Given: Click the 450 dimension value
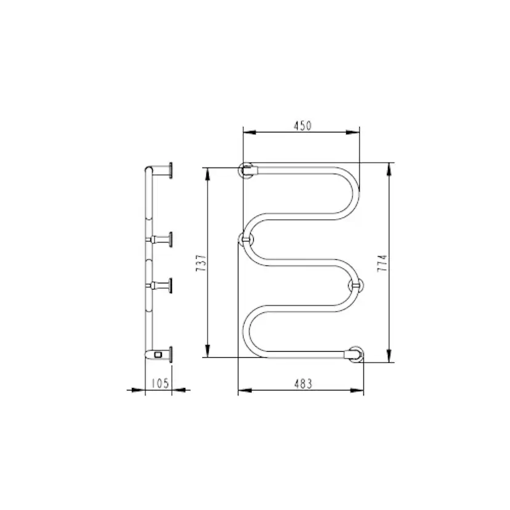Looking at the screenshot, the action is [x=302, y=126].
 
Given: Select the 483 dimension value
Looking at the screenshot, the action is [x=303, y=384].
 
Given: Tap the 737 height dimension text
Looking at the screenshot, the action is [x=201, y=263].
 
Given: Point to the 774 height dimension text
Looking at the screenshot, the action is [x=382, y=263].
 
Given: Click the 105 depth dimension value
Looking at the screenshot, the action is [x=160, y=383].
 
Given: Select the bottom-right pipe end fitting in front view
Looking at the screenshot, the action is [x=355, y=354].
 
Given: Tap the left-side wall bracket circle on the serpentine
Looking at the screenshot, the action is [x=246, y=240].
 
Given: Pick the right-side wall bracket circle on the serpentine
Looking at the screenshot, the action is [x=356, y=286].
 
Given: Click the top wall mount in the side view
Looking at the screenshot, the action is [x=162, y=170].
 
